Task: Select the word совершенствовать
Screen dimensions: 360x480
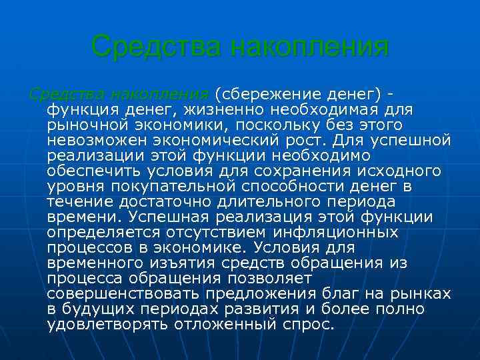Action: pos(123,294)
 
